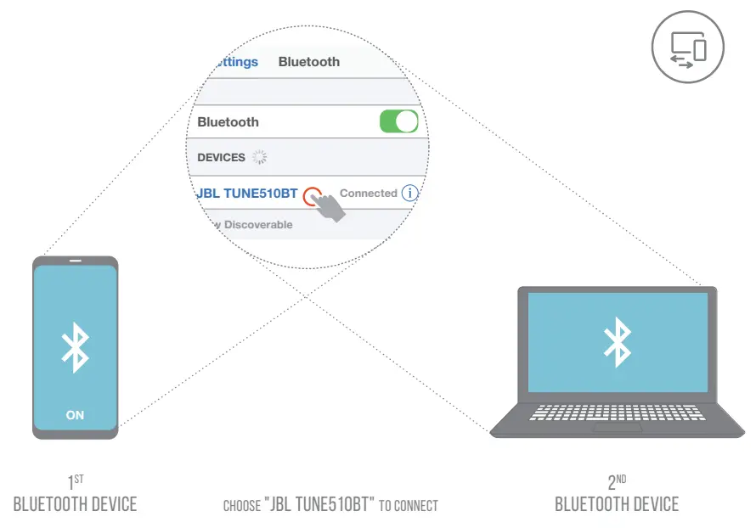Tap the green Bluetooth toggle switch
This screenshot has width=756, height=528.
tap(398, 121)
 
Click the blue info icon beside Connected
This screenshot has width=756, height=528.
tap(410, 194)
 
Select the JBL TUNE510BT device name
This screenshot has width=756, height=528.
tap(248, 194)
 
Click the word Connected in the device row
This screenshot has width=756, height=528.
tap(368, 194)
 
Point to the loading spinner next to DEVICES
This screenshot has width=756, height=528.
tap(260, 157)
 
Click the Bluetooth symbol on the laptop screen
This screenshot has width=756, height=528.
tap(617, 342)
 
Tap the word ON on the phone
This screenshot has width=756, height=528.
tap(76, 415)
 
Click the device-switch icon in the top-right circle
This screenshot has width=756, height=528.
tap(688, 47)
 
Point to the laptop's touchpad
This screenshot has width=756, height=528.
tap(618, 428)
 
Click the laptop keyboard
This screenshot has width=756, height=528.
tap(618, 413)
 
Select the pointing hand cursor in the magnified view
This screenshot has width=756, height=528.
tap(326, 206)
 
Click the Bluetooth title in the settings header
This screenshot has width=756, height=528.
tap(309, 62)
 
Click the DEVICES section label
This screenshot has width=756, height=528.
tap(221, 157)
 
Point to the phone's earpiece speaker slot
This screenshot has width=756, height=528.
tap(76, 261)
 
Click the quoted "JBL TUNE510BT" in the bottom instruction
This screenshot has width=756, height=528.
tap(320, 505)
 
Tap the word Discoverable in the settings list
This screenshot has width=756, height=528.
tap(258, 225)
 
